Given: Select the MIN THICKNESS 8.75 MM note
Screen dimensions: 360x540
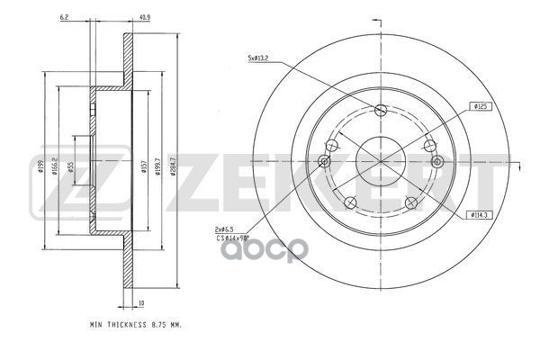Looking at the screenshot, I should click(136, 322).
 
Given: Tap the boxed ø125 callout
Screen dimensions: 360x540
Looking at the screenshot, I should click(480, 106).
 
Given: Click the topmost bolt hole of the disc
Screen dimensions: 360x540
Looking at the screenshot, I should click(380, 111).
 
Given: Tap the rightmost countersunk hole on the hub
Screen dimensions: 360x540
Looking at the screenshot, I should click(437, 161).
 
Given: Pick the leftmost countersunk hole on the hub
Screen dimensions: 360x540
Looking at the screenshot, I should click(324, 161).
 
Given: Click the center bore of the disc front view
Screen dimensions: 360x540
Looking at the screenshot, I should click(380, 161).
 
